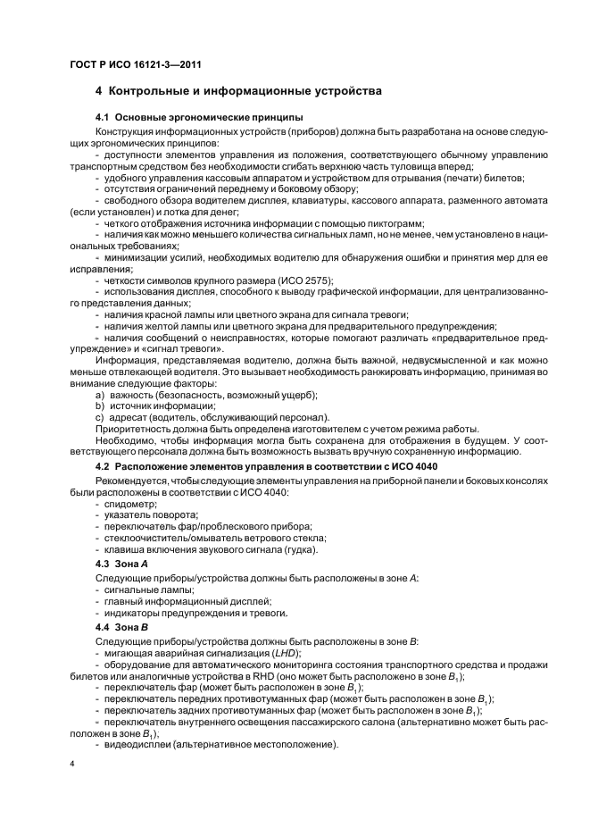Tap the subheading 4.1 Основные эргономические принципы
199,118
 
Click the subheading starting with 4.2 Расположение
266,468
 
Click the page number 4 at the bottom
71,765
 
